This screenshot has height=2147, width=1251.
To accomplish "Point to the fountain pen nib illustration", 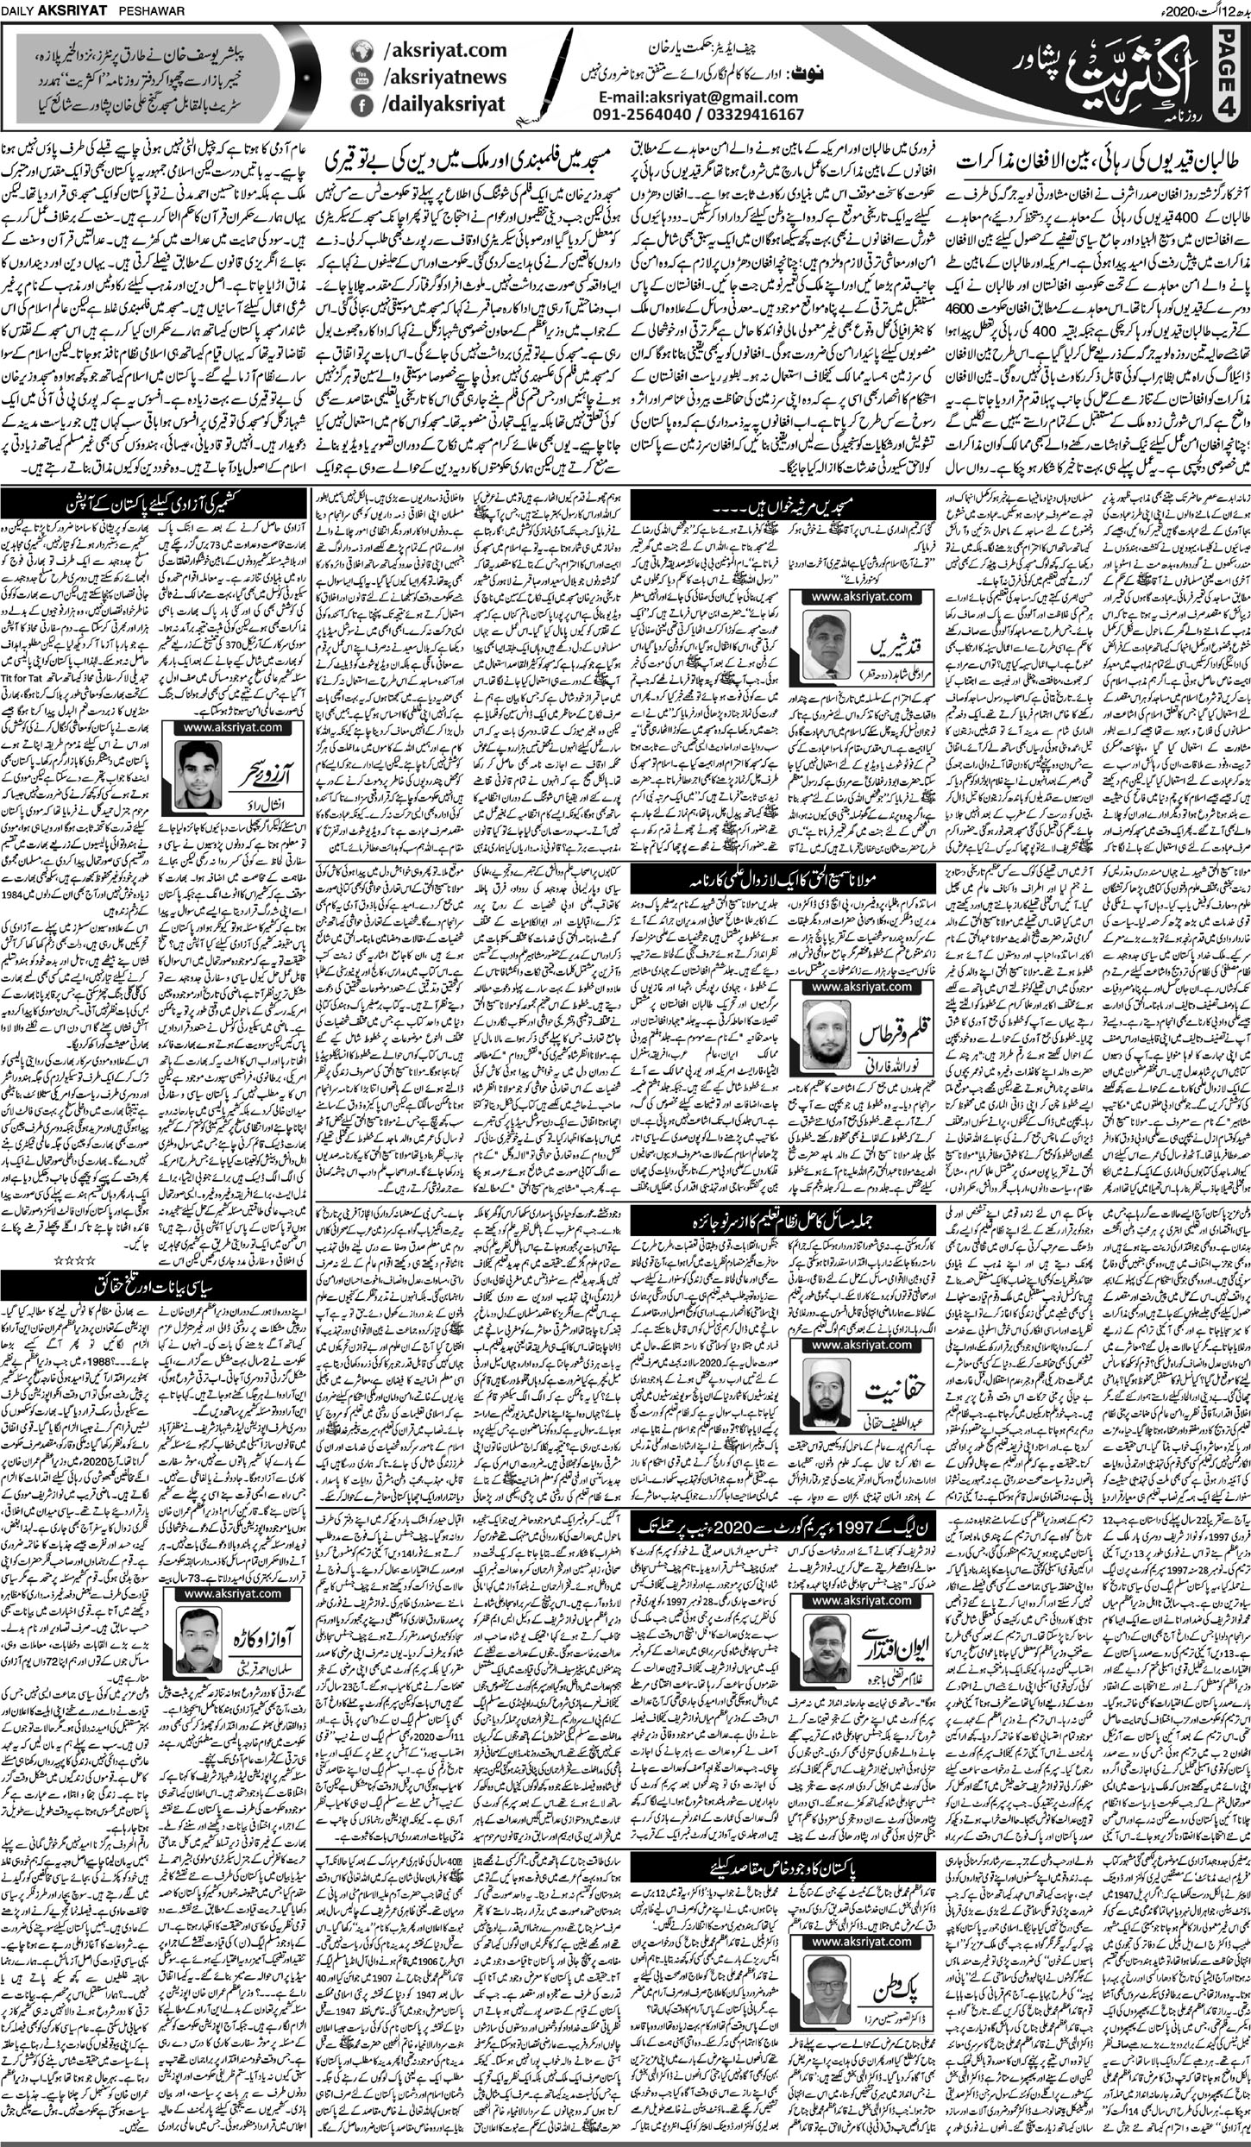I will point(544,78).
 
